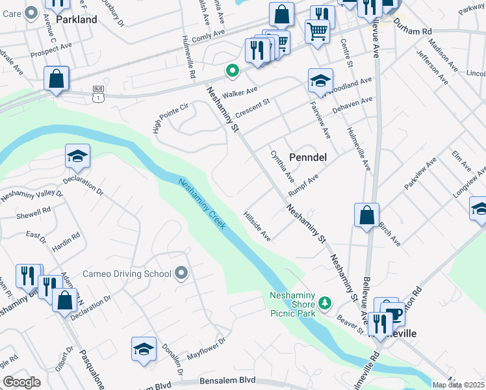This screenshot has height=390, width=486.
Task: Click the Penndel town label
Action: pos(307,157)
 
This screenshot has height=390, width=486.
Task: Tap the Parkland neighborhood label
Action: pos(77,19)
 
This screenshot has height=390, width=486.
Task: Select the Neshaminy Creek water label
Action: pos(203,204)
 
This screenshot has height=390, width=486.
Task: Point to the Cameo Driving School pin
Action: pos(181,274)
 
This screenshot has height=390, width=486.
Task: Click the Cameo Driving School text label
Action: pos(127,274)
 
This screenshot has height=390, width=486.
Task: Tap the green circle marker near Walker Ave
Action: pos(231,71)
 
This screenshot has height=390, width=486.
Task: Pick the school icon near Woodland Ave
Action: pos(320,81)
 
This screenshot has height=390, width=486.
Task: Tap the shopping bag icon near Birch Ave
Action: pos(366,215)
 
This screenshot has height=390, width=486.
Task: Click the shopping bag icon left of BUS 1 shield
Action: pos(57,79)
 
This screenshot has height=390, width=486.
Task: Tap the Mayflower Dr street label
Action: pos(206,349)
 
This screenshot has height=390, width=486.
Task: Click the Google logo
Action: pos(21,382)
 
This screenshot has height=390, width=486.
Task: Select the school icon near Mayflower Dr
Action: pos(144,349)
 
